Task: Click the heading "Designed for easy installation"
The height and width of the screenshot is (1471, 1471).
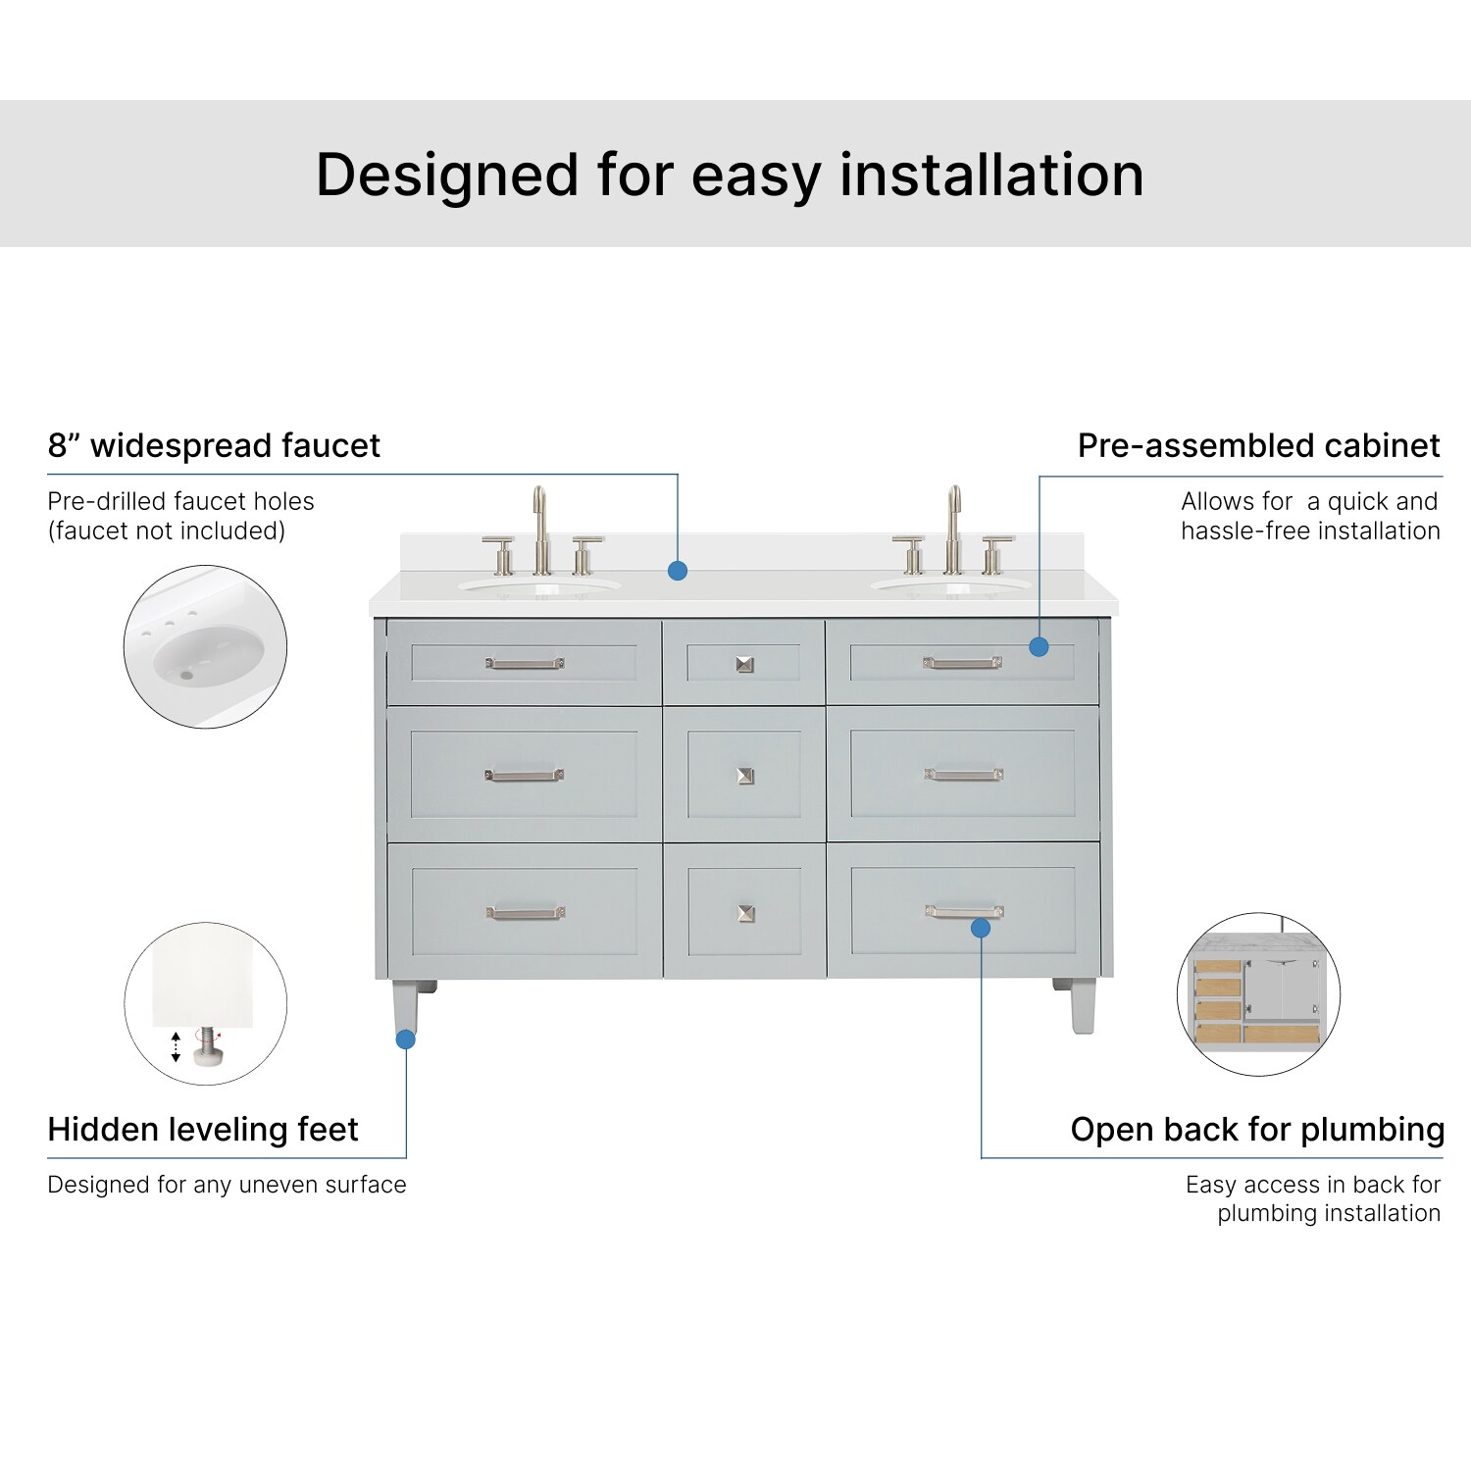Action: (x=730, y=175)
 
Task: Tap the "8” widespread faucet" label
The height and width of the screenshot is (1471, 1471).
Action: (x=214, y=445)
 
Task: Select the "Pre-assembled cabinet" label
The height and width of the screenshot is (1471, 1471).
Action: (x=1258, y=445)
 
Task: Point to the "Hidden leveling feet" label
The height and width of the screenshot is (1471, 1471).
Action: (x=203, y=1129)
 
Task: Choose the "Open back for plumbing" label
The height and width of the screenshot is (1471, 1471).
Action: (x=1257, y=1129)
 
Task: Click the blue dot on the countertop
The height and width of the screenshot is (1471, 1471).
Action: (x=677, y=571)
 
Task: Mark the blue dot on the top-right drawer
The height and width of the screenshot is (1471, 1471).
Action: (x=1040, y=646)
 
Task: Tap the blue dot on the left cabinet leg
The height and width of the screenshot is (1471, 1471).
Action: (x=405, y=1039)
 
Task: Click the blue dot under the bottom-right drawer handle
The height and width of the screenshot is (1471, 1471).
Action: (x=981, y=928)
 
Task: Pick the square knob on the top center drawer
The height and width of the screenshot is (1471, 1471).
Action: (x=745, y=664)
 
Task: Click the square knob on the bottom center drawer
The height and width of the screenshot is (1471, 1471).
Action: (x=745, y=913)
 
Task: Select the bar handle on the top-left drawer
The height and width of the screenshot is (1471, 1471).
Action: (x=525, y=664)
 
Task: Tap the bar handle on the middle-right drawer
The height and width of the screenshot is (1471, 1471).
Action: (x=963, y=775)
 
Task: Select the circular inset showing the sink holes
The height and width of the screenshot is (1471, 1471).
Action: (x=205, y=646)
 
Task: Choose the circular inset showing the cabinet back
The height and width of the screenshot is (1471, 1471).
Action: (x=1258, y=994)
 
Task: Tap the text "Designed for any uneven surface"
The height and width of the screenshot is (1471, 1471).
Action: (x=227, y=1185)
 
